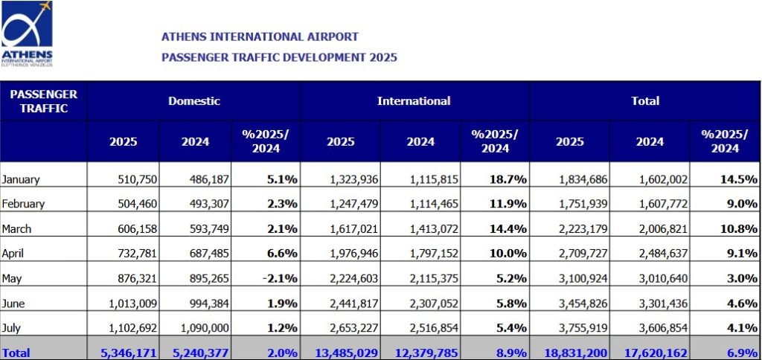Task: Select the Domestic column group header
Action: (x=193, y=100)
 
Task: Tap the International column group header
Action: (x=414, y=100)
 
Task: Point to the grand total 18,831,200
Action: (x=574, y=351)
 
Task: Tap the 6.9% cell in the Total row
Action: (x=742, y=351)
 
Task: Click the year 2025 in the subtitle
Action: (x=382, y=57)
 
